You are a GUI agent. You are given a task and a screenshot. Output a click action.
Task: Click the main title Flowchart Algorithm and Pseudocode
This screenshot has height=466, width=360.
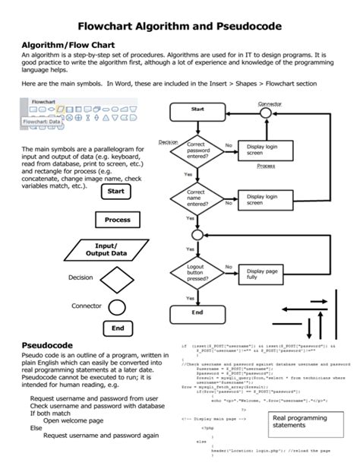(180, 26)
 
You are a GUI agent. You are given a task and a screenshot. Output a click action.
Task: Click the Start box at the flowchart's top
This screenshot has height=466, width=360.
(197, 109)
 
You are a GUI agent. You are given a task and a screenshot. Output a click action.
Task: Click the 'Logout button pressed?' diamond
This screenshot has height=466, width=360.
(197, 271)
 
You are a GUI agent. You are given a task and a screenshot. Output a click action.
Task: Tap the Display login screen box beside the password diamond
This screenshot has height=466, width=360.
(266, 150)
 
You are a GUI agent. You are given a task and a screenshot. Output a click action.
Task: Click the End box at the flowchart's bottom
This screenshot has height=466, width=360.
(197, 312)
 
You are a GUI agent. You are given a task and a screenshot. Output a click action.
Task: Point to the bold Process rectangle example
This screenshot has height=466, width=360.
(118, 219)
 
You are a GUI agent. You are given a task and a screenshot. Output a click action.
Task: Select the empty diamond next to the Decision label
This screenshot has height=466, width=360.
(117, 279)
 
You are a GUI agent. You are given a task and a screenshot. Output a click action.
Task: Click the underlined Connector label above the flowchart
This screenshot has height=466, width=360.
(271, 103)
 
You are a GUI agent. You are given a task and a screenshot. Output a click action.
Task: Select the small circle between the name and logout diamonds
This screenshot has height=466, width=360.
(197, 236)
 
